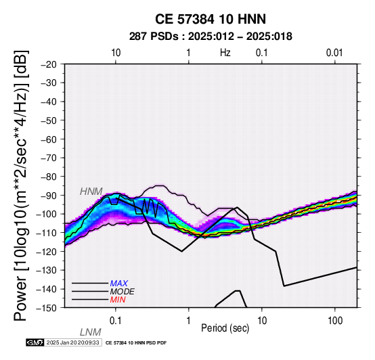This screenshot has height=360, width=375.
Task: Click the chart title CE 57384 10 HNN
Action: click(211, 19)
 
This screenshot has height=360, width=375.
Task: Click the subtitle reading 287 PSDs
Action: click(154, 37)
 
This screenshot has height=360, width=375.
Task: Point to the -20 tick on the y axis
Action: click(49, 64)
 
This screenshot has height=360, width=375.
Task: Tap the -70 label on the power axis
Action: click(49, 158)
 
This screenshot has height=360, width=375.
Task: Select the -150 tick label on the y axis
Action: click(48, 308)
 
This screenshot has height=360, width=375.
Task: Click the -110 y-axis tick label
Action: click(48, 233)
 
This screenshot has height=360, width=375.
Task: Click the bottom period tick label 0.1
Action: click(115, 321)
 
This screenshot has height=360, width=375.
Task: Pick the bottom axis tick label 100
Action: click(335, 321)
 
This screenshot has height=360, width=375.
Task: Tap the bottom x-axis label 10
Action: click(262, 321)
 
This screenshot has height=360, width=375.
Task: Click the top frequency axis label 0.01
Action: click(334, 53)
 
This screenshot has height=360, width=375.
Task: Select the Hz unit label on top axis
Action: click(225, 53)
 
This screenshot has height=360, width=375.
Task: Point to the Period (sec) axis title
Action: click(225, 328)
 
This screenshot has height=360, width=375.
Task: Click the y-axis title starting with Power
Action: click(21, 185)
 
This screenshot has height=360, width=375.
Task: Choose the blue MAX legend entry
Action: click(119, 284)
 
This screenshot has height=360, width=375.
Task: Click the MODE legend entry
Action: click(123, 292)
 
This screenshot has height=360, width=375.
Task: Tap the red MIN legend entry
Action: click(118, 300)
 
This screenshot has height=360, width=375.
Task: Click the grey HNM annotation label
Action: click(91, 192)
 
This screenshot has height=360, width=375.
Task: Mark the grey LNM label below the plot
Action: click(91, 332)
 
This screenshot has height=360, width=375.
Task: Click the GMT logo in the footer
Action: click(35, 342)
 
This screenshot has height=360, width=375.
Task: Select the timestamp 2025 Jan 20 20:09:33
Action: click(72, 342)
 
